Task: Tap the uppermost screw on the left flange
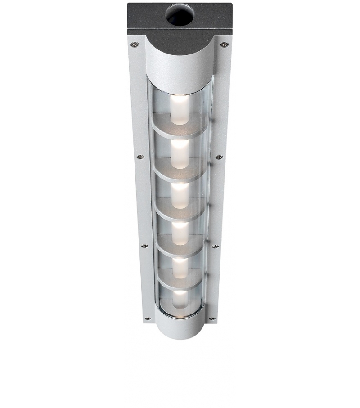point(134,44)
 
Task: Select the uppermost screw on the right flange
point(224,44)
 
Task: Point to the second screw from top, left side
point(140,157)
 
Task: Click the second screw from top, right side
point(219,157)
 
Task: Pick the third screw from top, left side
point(144,246)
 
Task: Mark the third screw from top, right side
point(215,246)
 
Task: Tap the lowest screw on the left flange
point(148,318)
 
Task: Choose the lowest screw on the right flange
point(211,318)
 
